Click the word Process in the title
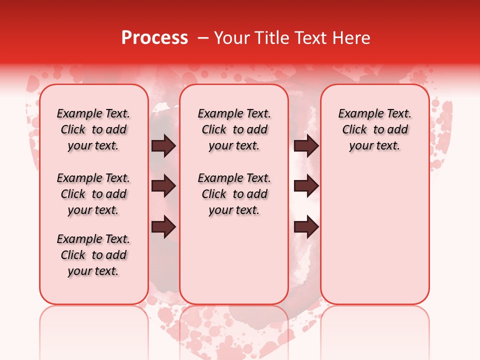point(154,38)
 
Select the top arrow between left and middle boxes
point(163,146)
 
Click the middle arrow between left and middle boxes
point(163,186)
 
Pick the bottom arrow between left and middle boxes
point(163,227)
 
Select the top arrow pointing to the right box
point(306,146)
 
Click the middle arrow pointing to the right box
point(306,186)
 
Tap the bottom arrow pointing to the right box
point(306,227)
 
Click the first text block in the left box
point(93,129)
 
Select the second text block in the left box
point(93,194)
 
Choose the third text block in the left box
point(93,255)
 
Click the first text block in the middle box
point(234,129)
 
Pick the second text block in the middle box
point(234,194)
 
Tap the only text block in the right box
point(374,129)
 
